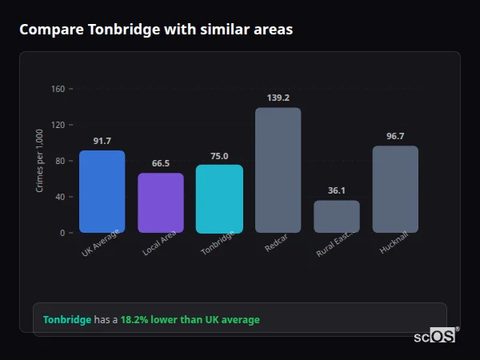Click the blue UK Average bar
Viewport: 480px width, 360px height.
point(102,192)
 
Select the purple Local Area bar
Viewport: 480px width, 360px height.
point(161,203)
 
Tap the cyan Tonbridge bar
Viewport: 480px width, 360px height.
point(219,199)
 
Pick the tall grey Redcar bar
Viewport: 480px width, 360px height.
point(278,170)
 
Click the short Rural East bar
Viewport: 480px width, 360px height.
point(337,217)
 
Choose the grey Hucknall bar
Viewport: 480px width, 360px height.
point(395,190)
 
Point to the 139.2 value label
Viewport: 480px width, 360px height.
point(278,98)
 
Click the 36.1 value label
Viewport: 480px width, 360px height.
point(337,190)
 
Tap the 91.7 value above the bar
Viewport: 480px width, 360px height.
point(102,141)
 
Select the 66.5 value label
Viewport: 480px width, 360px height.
point(161,163)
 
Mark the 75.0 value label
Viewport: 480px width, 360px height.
point(219,156)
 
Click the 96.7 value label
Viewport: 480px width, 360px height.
point(395,136)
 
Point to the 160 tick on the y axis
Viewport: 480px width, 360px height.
point(58,89)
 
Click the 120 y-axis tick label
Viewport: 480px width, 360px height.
point(58,125)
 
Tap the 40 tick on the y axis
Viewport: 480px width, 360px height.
point(59,197)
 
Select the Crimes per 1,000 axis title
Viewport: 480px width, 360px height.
point(39,161)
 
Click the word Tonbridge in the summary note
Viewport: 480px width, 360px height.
point(67,320)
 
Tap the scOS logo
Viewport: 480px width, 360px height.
point(434,337)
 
